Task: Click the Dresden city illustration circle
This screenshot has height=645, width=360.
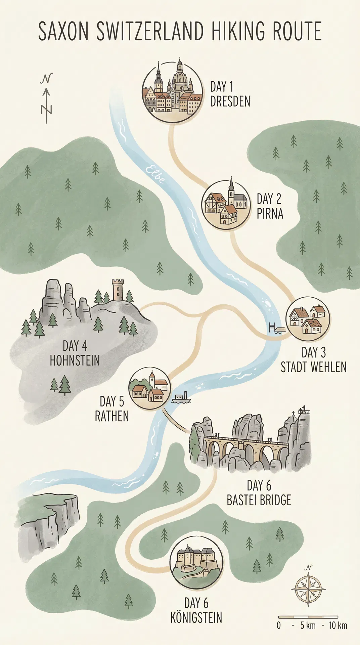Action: [x=172, y=92]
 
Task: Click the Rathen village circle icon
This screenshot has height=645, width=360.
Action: [x=150, y=388]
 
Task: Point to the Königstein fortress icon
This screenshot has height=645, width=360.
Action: [x=196, y=563]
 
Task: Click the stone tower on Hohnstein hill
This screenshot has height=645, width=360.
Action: [x=118, y=290]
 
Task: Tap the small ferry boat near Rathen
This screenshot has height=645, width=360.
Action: [x=181, y=398]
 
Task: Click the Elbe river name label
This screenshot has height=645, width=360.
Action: [x=156, y=174]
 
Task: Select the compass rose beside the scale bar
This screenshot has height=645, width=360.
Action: [x=308, y=589]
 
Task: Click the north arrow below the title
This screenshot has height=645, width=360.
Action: [x=47, y=99]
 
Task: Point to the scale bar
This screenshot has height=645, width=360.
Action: [x=308, y=617]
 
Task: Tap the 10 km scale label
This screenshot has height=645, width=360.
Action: [x=337, y=626]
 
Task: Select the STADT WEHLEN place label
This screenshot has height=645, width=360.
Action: [x=313, y=367]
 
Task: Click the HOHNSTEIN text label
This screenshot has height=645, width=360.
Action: [x=75, y=361]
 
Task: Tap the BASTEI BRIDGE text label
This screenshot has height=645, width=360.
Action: [x=259, y=500]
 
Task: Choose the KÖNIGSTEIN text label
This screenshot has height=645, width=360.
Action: [x=196, y=618]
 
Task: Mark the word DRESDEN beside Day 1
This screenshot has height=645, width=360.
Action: [x=230, y=101]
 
